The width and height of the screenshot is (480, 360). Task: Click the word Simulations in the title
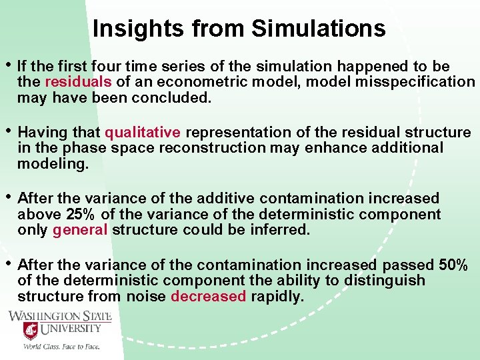pos(318,28)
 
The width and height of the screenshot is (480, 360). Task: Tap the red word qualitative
pos(143,132)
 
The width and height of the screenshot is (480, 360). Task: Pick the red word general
pos(80,230)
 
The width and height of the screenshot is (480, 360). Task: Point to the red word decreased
pos(208,296)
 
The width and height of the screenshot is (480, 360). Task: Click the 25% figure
pos(83,214)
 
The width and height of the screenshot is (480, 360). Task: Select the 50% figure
pos(453,264)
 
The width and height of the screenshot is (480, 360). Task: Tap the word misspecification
pos(421,82)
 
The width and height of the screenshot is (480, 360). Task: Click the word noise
pos(145,296)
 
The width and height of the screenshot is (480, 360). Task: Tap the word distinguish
pos(384,280)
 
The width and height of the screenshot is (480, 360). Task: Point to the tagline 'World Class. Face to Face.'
pos(61,347)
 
